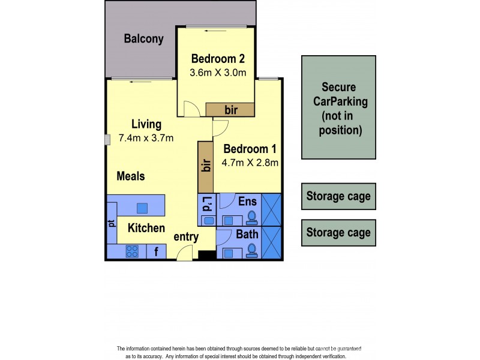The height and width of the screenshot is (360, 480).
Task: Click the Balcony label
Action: tap(143, 40)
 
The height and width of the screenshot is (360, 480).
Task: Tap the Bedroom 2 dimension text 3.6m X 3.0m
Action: tap(218, 73)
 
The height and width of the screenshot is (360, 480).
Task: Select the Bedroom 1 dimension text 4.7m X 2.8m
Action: tap(250, 162)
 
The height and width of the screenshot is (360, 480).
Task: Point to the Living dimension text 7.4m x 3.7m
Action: tap(146, 138)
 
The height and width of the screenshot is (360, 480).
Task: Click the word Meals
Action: tap(131, 176)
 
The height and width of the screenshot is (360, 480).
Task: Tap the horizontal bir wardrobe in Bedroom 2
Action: tap(230, 110)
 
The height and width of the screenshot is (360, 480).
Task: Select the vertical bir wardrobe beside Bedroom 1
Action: tap(205, 166)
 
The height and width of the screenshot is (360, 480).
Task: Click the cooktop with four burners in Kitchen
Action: tap(133, 251)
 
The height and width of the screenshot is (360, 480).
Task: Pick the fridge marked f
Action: tap(156, 251)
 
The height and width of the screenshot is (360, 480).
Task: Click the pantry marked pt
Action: tap(112, 223)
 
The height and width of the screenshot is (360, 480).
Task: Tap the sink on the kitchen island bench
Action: tap(142, 208)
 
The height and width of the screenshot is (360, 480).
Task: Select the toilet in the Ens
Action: tap(251, 217)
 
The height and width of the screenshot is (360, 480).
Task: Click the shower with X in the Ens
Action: tap(271, 209)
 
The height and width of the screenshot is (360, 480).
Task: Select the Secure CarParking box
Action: tap(338, 108)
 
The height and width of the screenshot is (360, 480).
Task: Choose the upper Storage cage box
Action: tap(338, 196)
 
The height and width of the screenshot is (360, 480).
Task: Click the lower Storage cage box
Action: tap(338, 232)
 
